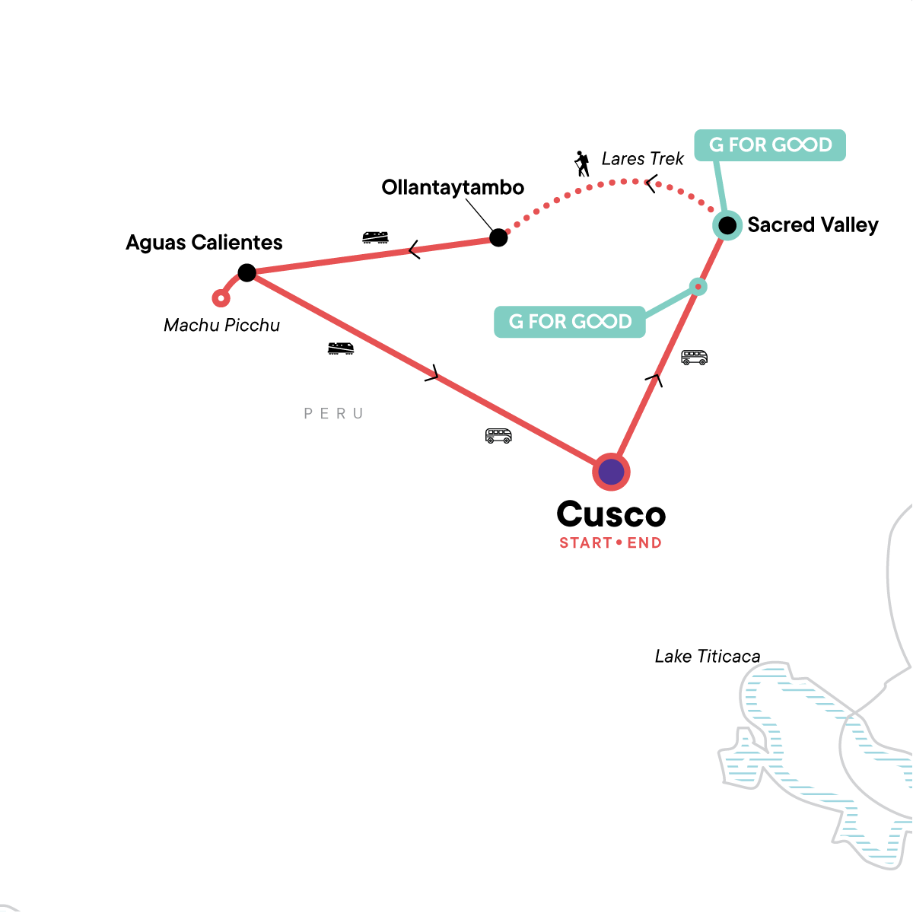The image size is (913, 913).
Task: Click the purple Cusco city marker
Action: click(611, 472)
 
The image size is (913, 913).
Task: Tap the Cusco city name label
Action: click(611, 515)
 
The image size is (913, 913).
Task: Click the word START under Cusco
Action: click(585, 543)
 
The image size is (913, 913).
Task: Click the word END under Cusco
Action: click(644, 543)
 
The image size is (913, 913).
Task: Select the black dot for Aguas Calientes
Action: click(247, 272)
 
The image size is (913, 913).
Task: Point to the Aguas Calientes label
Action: click(204, 243)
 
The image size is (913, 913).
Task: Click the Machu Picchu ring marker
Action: click(221, 298)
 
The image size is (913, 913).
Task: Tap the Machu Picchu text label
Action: click(222, 326)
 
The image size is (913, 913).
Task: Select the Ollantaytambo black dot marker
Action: click(498, 237)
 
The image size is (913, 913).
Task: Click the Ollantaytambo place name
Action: click(453, 188)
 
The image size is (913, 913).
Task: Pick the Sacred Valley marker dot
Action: click(727, 225)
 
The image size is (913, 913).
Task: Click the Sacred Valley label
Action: click(813, 225)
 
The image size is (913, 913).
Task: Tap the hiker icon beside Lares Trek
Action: click(582, 164)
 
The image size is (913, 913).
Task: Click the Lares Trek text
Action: click(642, 159)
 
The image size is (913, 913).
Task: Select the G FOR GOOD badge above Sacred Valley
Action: click(770, 145)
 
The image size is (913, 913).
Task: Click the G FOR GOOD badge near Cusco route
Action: click(570, 322)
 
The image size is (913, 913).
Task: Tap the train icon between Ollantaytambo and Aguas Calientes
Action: click(375, 237)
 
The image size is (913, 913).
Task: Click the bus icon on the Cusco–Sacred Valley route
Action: click(694, 357)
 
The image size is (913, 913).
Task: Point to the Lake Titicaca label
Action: click(707, 657)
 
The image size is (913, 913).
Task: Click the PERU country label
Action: click(333, 414)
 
